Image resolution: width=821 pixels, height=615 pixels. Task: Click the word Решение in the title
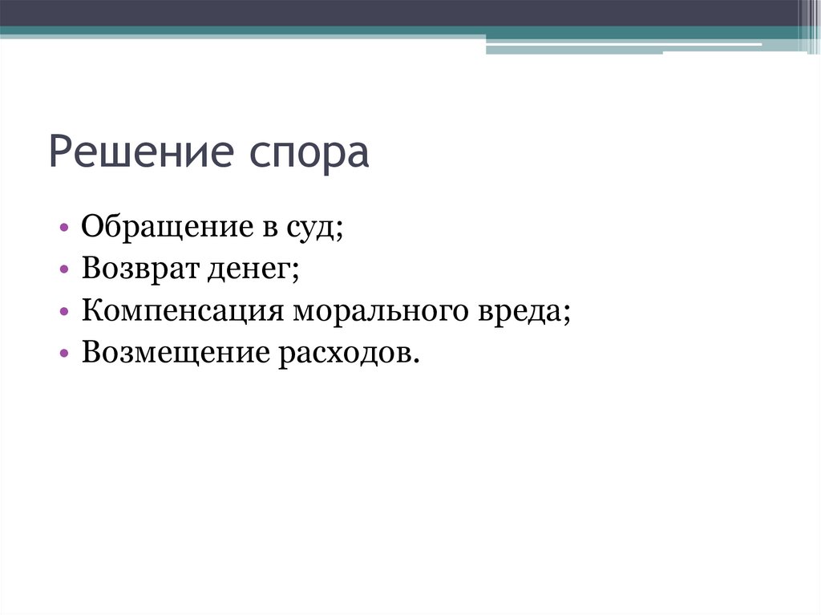click(x=135, y=152)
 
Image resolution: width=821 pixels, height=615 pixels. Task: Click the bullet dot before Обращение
click(x=64, y=230)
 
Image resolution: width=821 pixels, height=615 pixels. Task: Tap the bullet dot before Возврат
click(x=64, y=271)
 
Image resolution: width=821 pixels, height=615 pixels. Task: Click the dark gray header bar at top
click(x=401, y=13)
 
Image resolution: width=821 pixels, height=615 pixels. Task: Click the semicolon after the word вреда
click(x=568, y=314)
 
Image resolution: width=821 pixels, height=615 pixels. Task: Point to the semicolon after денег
click(x=296, y=273)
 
